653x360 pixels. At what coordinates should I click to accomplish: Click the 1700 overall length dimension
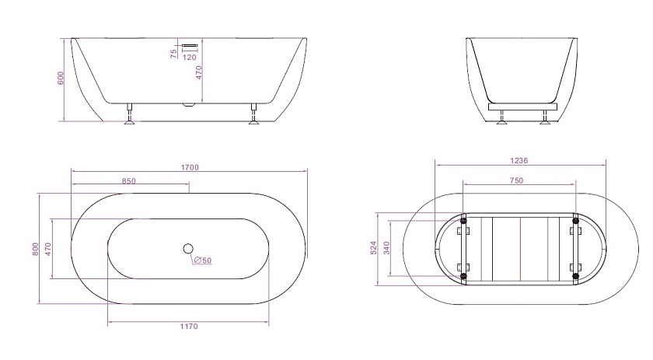click(x=190, y=167)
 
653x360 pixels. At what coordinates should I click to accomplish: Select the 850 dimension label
click(x=129, y=181)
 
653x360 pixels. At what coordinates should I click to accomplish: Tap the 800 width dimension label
click(x=36, y=249)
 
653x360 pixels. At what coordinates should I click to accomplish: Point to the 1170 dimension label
click(x=189, y=327)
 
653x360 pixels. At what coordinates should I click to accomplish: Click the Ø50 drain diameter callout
click(x=203, y=260)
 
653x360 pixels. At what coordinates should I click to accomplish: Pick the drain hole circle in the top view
click(x=188, y=249)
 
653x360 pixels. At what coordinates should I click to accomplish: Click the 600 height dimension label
click(x=61, y=79)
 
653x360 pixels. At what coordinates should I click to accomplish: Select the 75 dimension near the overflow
click(x=174, y=54)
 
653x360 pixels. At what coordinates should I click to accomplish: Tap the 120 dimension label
click(x=190, y=57)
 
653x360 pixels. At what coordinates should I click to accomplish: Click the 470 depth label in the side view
click(x=199, y=72)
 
